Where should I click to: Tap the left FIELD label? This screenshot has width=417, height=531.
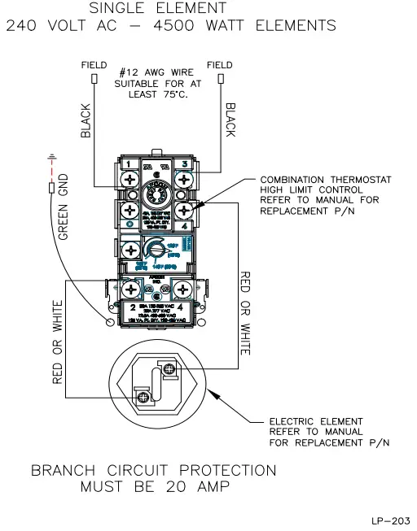pyautogui.click(x=94, y=64)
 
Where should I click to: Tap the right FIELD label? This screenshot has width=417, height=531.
pyautogui.click(x=221, y=64)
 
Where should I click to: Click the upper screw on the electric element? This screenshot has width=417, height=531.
pyautogui.click(x=169, y=369)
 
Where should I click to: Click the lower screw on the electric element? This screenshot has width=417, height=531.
pyautogui.click(x=144, y=396)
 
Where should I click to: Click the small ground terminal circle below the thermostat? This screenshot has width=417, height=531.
pyautogui.click(x=111, y=323)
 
